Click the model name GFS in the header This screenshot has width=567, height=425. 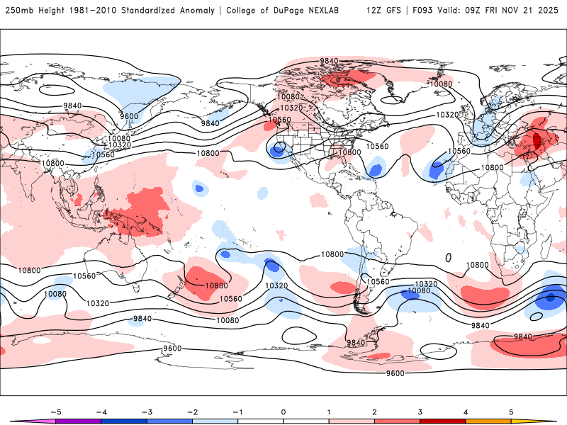click(391, 11)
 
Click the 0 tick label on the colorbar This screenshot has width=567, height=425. click(283, 410)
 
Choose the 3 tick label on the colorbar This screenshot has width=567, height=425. click(420, 410)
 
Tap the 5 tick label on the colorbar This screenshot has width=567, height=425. click(511, 410)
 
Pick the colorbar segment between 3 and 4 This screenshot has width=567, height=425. click(443, 421)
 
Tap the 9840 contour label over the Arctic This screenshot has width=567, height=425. click(329, 61)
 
